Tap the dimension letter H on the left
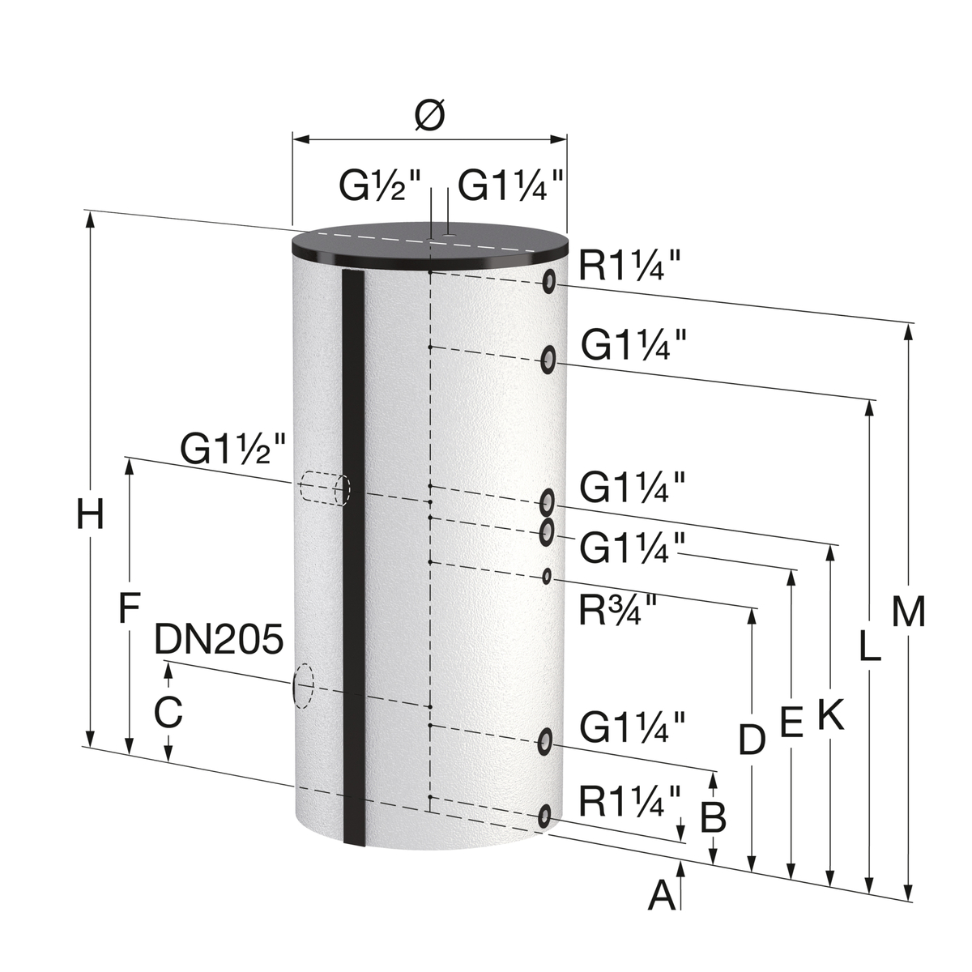[x=91, y=515]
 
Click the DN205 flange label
[x=219, y=640]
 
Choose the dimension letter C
[x=168, y=712]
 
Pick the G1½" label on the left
[x=233, y=450]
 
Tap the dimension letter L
[x=869, y=647]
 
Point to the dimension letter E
[x=791, y=722]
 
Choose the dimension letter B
[x=714, y=818]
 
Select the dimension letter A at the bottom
[x=663, y=896]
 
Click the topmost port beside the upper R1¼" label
[x=549, y=281]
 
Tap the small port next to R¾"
[x=548, y=576]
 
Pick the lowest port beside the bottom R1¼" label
[x=547, y=816]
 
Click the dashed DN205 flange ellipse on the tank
[x=302, y=685]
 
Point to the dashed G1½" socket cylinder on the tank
[x=324, y=488]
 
